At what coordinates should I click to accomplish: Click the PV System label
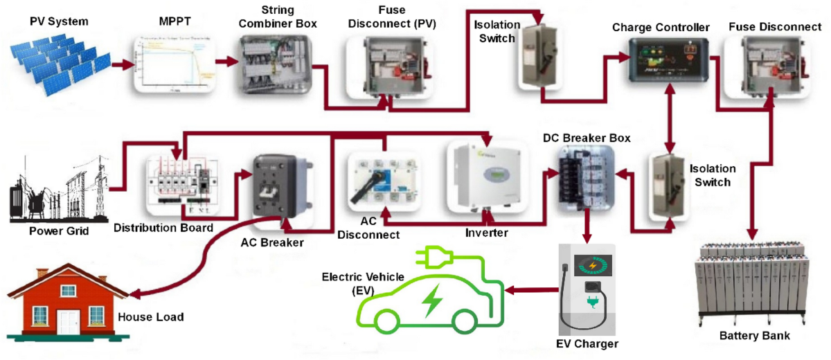tap(59, 21)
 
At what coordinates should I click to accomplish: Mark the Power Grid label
tap(58, 231)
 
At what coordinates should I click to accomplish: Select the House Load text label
tap(150, 317)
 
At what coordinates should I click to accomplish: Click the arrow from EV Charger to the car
tap(530, 291)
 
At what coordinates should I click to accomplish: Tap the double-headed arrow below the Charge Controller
tap(669, 121)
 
